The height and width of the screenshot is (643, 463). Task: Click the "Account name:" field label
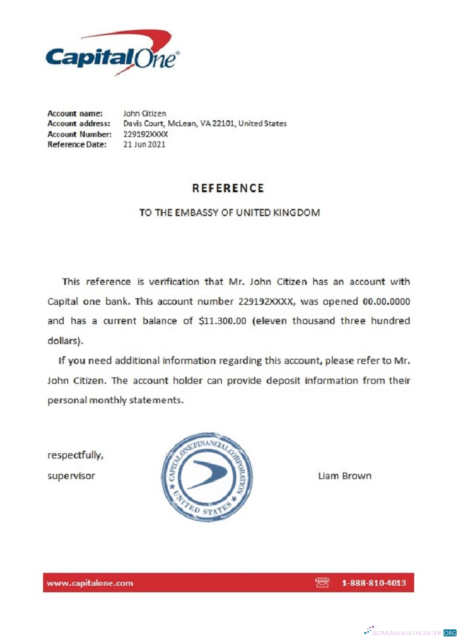point(75,114)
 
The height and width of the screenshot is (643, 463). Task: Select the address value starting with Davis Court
point(204,124)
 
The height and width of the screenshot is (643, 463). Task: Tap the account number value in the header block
point(145,134)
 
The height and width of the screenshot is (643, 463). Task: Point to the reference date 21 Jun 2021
point(144,145)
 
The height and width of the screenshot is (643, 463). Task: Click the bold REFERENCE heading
point(228,188)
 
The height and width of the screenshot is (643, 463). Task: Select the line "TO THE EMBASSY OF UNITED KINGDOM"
point(230,212)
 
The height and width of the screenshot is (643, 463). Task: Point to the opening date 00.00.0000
point(386,301)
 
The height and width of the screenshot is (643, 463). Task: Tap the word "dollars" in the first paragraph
point(64,341)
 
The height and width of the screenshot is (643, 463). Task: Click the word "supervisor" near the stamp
point(71,476)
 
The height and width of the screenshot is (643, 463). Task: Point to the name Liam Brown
point(344,476)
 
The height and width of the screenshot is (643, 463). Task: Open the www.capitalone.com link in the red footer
point(90,583)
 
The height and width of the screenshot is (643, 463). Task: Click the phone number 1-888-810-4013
point(374,583)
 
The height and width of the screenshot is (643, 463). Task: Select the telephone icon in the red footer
point(322,583)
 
